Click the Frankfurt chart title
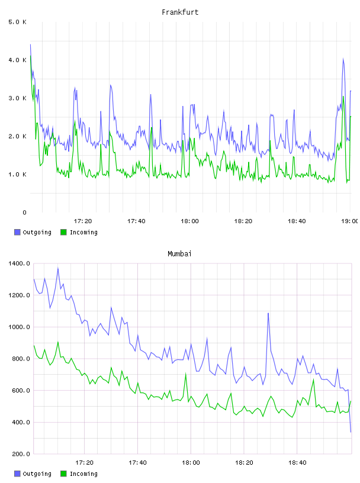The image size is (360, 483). [x=180, y=12]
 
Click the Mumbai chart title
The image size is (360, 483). [x=179, y=254]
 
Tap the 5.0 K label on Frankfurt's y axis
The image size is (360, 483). [x=17, y=22]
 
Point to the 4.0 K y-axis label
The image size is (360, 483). [x=17, y=60]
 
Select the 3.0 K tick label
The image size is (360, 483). [x=17, y=98]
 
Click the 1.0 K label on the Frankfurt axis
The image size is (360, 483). [x=17, y=175]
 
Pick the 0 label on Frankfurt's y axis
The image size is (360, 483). [x=24, y=212]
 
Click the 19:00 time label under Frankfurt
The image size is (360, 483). [x=350, y=221]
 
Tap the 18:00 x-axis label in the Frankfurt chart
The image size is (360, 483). [x=189, y=221]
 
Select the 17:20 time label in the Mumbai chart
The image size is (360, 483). [x=84, y=463]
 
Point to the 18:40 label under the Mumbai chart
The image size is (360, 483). [x=297, y=463]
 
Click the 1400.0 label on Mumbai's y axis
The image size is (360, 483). [x=19, y=263]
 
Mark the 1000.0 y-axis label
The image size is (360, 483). [x=19, y=327]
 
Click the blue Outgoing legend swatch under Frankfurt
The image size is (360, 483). [x=17, y=232]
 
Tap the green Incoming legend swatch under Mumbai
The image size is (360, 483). [x=63, y=474]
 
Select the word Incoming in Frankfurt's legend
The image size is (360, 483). [x=83, y=233]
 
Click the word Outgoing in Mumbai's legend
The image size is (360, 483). [x=37, y=474]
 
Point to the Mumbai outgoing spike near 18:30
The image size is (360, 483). [x=268, y=313]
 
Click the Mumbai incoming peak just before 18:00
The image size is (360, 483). [x=185, y=373]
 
